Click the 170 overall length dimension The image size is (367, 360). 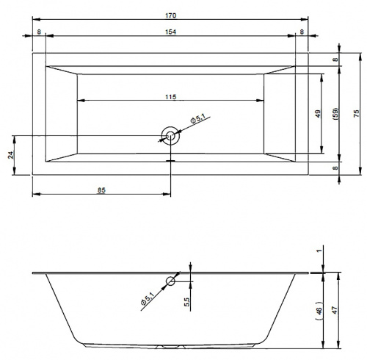[170, 15]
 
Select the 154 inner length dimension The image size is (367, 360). [170, 32]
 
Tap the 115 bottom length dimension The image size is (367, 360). [170, 97]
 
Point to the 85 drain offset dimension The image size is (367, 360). [101, 190]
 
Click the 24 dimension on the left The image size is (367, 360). [11, 155]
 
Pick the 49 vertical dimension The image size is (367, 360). [318, 114]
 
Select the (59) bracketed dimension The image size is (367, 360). [335, 114]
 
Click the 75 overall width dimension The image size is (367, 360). [357, 113]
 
